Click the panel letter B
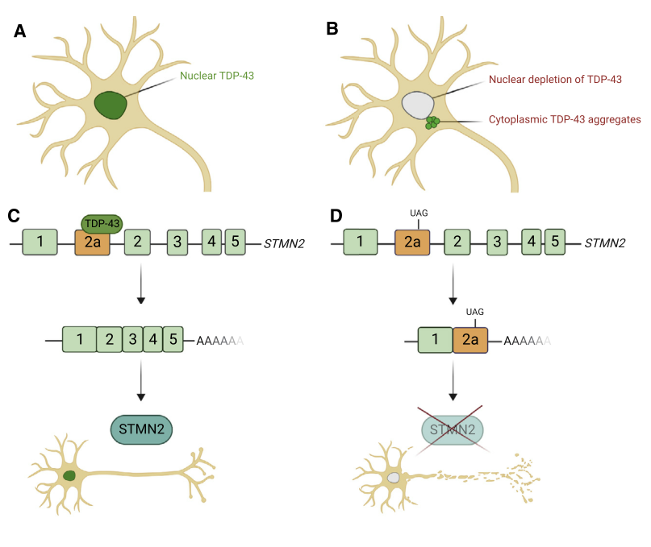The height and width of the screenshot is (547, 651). pyautogui.click(x=332, y=30)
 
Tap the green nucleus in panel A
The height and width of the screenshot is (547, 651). pyautogui.click(x=111, y=106)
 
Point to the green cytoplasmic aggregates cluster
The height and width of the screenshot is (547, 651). pyautogui.click(x=434, y=122)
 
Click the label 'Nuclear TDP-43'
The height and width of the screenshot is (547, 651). pyautogui.click(x=217, y=76)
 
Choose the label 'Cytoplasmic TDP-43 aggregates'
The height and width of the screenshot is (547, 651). pyautogui.click(x=565, y=119)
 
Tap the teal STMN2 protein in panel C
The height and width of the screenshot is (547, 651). pyautogui.click(x=142, y=429)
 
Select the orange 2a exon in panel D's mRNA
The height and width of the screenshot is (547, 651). pyautogui.click(x=470, y=339)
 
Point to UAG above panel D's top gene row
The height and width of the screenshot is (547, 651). pyautogui.click(x=418, y=211)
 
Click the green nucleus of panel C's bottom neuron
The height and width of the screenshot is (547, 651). pyautogui.click(x=69, y=476)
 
